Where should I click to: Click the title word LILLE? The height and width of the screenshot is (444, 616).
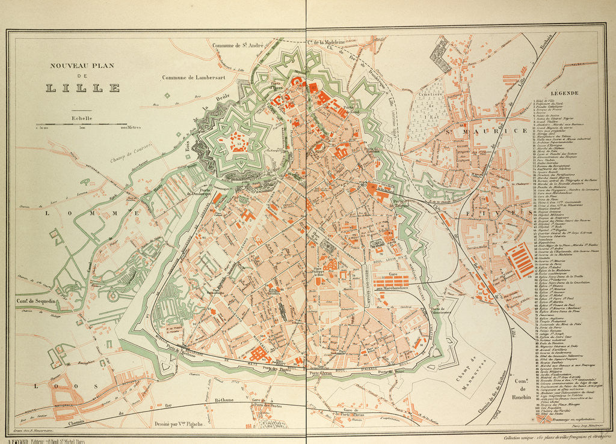[x=83, y=88]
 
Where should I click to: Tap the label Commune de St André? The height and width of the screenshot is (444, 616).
[x=238, y=45]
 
